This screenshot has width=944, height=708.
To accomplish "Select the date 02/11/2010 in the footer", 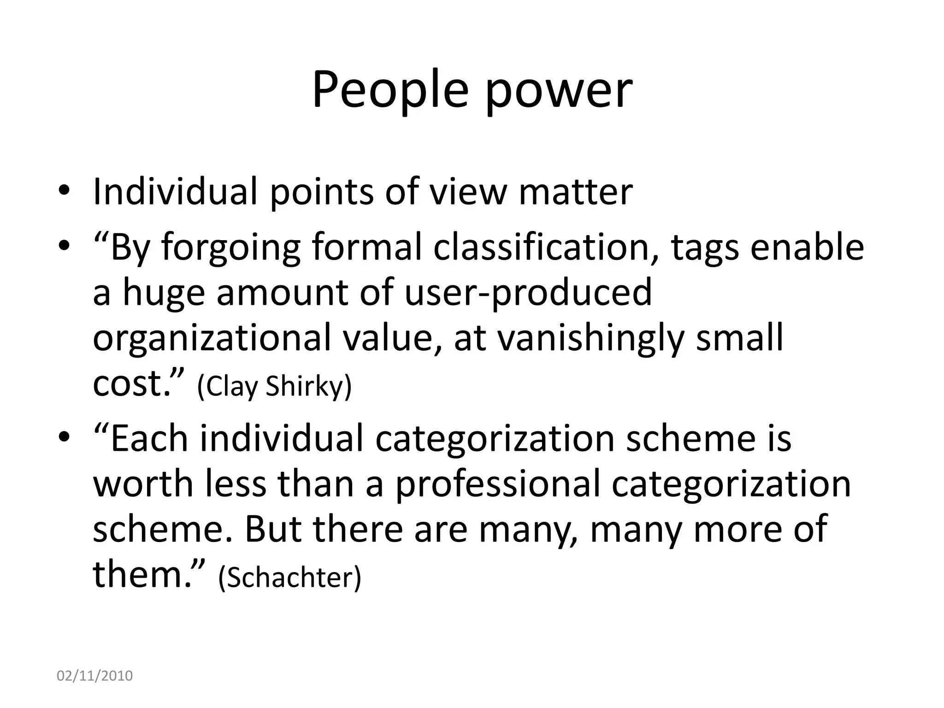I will (x=94, y=676).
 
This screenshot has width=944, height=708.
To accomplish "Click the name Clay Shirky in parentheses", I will (x=274, y=386).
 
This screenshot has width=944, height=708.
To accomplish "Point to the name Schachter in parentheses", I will (x=289, y=578).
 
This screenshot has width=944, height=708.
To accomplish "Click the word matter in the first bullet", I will (x=575, y=192).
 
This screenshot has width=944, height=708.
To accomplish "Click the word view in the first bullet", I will (x=467, y=192).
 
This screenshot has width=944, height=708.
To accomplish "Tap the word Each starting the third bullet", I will (x=149, y=438).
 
